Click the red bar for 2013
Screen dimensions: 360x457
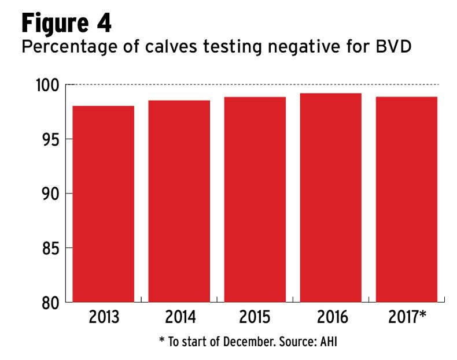coord(104,204)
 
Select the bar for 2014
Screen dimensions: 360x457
coord(179,201)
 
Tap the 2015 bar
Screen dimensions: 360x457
coord(255,199)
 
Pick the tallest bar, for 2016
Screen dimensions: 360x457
coord(331,198)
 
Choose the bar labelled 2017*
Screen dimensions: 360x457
coord(406,199)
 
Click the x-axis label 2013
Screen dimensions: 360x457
coord(104,318)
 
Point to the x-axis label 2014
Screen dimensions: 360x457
coord(179,318)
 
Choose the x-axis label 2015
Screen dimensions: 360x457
coord(255,318)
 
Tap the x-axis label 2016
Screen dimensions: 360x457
coord(331,318)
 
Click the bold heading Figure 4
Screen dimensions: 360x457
coord(67,24)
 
